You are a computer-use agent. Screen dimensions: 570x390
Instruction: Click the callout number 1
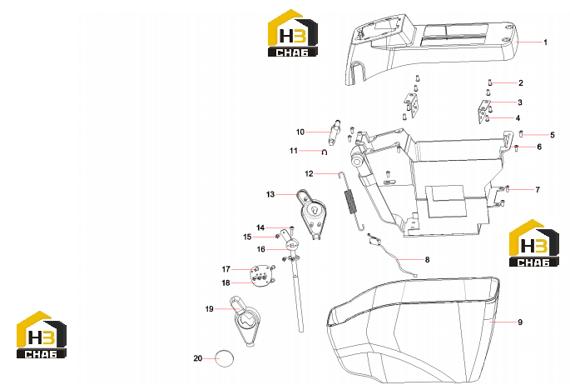tap(545, 42)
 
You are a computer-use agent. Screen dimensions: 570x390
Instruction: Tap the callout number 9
tap(520, 322)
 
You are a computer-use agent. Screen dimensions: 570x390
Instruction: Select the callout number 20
tap(197, 358)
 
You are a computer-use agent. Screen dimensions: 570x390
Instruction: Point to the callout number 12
tap(309, 173)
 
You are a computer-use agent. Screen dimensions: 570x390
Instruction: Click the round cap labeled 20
tap(225, 358)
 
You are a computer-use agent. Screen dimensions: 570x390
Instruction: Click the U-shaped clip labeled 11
tap(325, 152)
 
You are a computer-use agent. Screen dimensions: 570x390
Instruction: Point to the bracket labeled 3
tap(483, 111)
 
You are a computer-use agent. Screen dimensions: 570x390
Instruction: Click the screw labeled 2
tap(489, 83)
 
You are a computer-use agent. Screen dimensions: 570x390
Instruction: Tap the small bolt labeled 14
tap(291, 230)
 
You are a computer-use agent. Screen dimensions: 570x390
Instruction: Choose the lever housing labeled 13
tap(312, 214)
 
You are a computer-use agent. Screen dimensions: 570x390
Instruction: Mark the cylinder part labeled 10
tap(81, 132)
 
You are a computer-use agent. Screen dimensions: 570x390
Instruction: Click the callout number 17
tap(226, 269)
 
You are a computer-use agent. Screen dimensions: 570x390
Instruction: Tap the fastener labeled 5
tap(521, 133)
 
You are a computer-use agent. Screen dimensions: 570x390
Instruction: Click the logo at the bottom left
tap(42, 335)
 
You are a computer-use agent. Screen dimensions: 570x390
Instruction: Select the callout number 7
tap(538, 189)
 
